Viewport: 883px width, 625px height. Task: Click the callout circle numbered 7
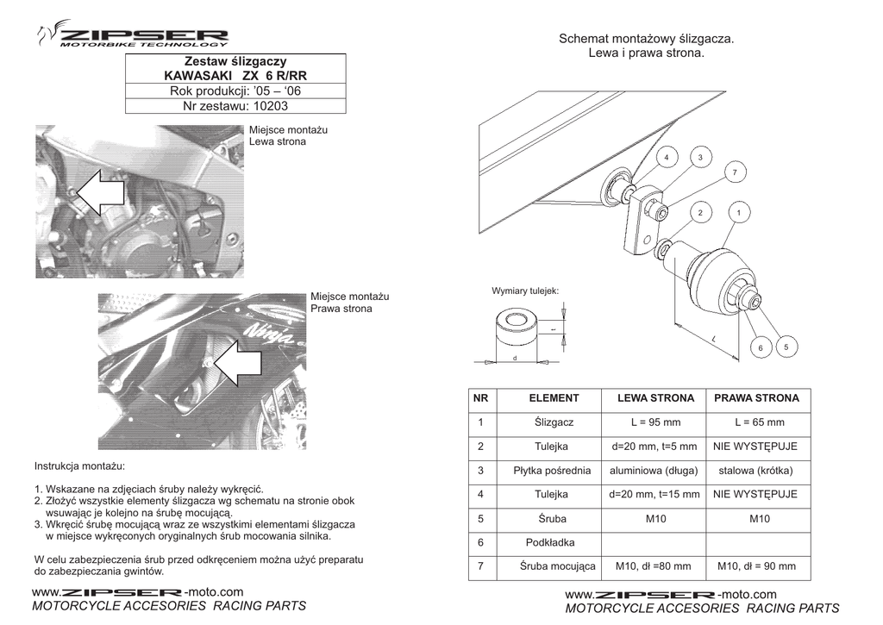(735, 172)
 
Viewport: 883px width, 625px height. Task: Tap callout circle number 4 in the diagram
(667, 157)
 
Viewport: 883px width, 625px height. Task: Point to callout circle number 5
(786, 347)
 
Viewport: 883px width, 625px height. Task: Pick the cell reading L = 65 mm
(759, 422)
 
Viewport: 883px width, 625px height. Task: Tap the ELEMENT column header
(554, 398)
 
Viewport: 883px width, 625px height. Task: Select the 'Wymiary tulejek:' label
(525, 291)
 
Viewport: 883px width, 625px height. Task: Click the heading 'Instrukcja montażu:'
(79, 466)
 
